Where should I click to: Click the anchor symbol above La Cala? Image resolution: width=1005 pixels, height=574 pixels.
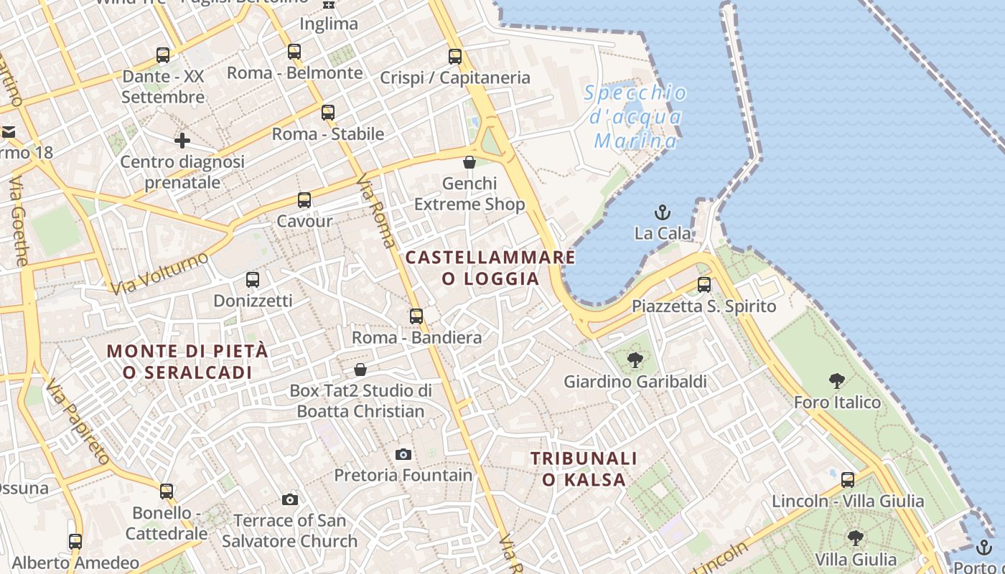pos(663,212)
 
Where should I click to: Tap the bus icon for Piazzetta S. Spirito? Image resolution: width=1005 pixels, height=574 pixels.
pos(704,285)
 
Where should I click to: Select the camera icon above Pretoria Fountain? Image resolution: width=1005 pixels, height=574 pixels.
pos(403,454)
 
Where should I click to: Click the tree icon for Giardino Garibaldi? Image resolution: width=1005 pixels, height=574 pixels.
pos(635,360)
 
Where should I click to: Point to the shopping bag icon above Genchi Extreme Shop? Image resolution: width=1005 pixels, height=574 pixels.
pos(469,163)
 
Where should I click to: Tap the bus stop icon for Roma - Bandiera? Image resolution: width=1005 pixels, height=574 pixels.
pos(416,316)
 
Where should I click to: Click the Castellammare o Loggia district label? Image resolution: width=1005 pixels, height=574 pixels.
pos(490,268)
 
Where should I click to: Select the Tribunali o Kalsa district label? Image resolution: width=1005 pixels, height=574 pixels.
pos(584,469)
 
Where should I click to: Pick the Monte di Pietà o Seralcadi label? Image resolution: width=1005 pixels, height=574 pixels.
pos(187,362)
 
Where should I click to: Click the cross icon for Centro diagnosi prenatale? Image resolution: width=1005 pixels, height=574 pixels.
pos(182,141)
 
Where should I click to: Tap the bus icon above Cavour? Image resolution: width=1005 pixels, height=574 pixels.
pos(304,200)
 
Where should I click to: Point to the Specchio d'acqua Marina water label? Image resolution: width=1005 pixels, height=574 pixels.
pos(635,116)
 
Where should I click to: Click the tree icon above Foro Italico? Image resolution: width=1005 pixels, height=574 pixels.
pos(836,381)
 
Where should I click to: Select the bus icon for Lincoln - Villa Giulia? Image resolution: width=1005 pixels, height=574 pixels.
pos(848,480)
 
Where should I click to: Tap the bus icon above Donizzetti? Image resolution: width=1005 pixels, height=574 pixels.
pos(253,280)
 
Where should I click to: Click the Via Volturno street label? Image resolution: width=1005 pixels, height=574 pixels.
pos(159,273)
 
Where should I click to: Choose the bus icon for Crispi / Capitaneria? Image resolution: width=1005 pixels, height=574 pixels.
pos(455,57)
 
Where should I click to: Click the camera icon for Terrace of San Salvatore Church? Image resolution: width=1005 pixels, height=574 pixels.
pos(290,499)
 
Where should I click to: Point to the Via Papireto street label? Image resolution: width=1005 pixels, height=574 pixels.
pos(78,423)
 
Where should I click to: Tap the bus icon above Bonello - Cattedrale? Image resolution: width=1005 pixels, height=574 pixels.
pos(167,491)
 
